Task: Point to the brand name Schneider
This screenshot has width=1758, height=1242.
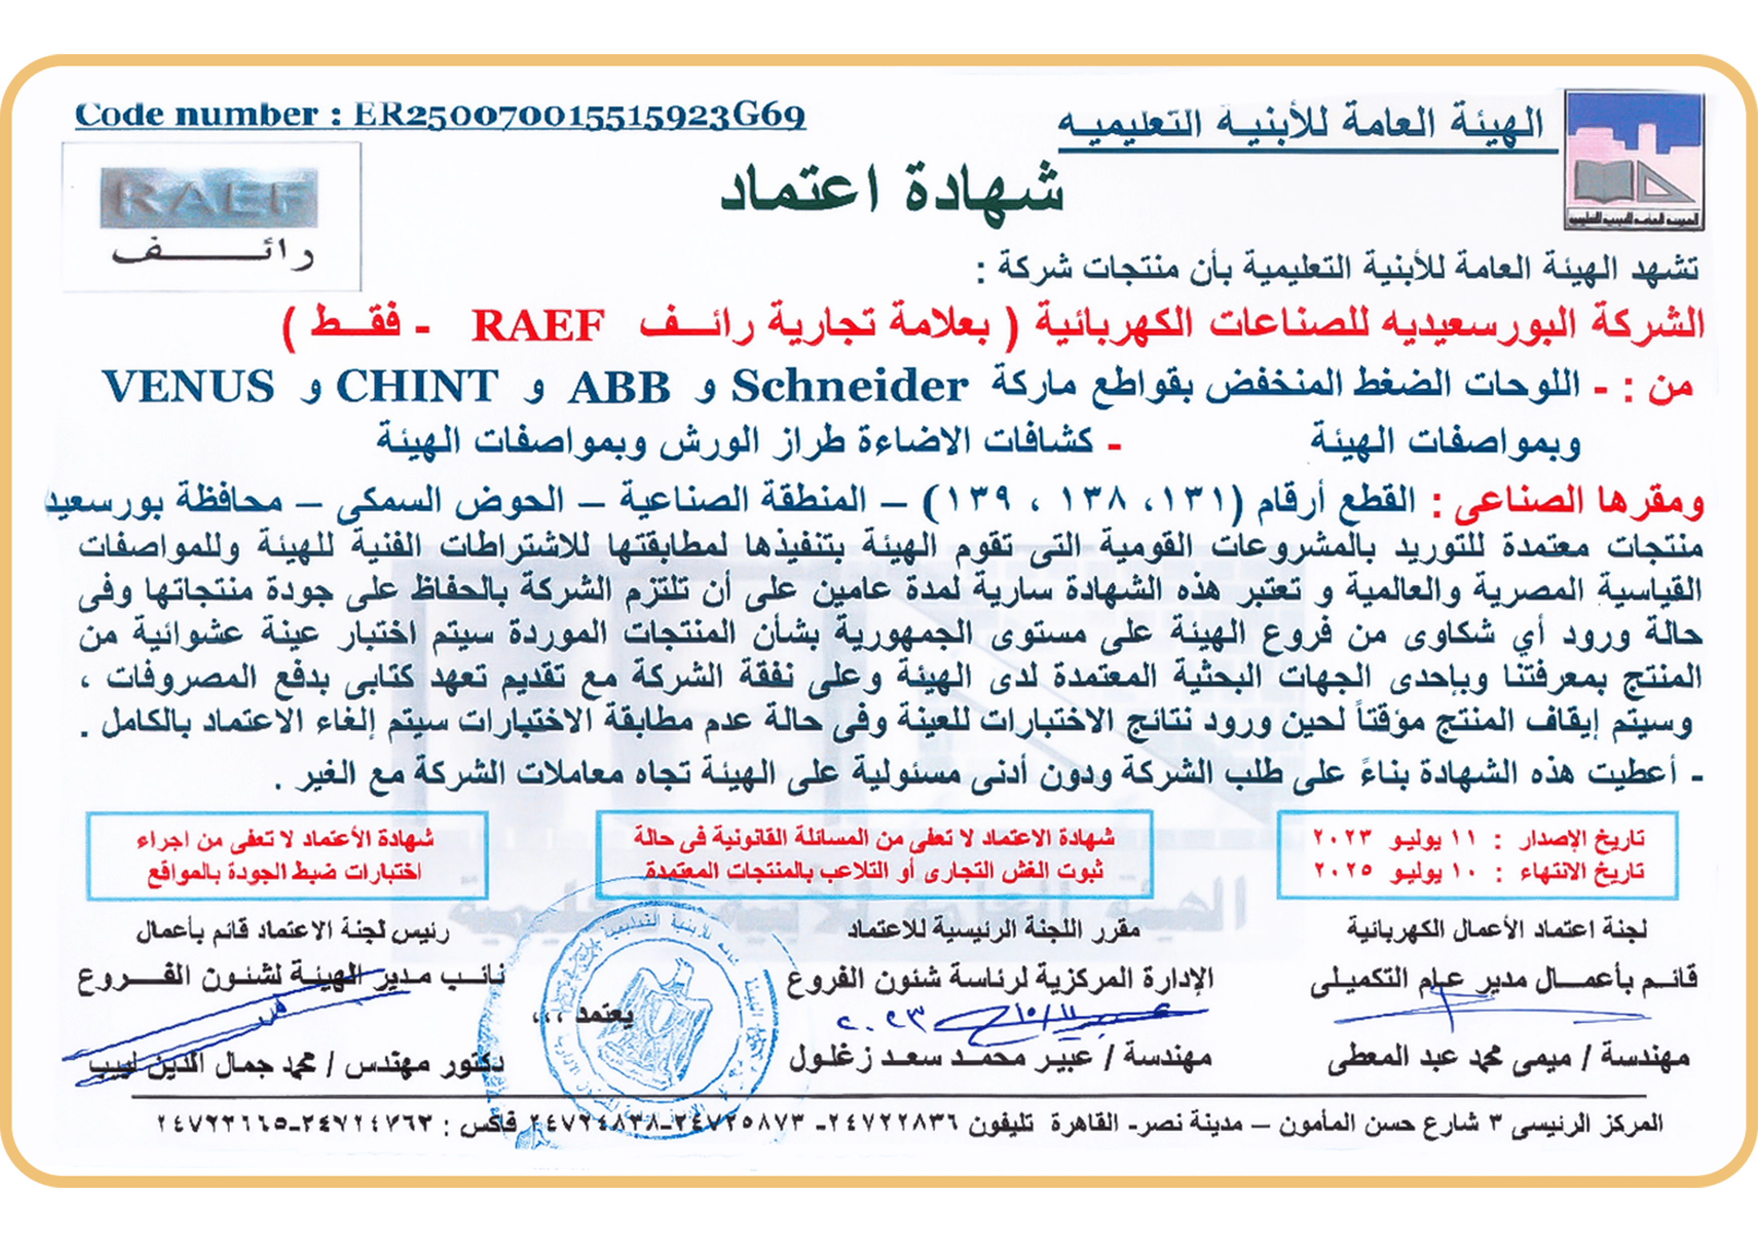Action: [850, 387]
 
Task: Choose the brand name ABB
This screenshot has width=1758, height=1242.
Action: [619, 387]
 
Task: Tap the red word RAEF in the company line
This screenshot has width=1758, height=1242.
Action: [538, 325]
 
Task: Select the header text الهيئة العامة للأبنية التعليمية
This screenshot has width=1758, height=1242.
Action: [1301, 127]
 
